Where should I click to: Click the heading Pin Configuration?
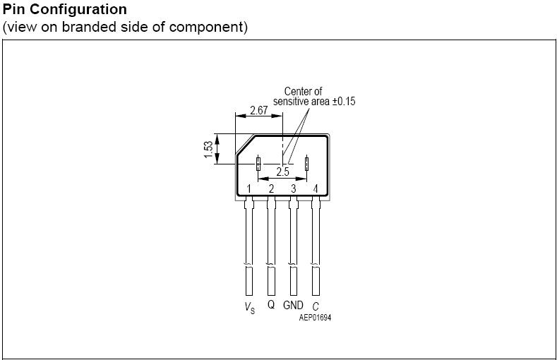[65, 9]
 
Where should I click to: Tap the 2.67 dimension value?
[258, 111]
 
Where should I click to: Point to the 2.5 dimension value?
[282, 172]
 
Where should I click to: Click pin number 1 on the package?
[249, 188]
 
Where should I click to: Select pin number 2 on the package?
[271, 188]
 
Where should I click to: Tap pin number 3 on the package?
[294, 188]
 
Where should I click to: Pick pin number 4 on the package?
[316, 188]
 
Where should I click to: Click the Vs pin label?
[249, 307]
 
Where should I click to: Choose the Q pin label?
[271, 305]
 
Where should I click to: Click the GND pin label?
[293, 305]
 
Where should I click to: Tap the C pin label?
[316, 306]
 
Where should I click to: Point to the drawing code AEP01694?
[315, 318]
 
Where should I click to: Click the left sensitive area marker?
[258, 163]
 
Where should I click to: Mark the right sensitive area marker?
[307, 163]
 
